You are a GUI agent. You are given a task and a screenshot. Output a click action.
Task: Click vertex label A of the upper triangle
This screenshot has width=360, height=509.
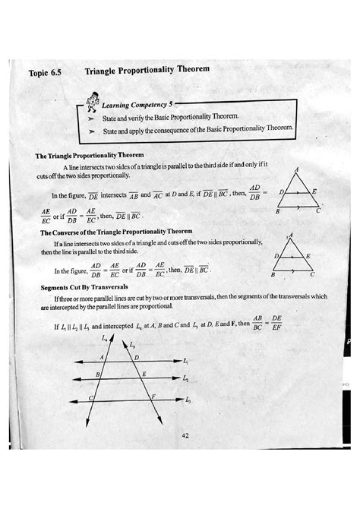pos(296,169)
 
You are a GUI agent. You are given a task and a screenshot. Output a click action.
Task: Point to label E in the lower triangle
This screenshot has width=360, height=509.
pos(308,256)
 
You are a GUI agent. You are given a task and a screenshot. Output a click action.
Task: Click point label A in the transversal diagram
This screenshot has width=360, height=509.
pos(101,355)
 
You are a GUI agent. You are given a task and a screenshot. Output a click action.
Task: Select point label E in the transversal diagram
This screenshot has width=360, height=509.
pos(144,375)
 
